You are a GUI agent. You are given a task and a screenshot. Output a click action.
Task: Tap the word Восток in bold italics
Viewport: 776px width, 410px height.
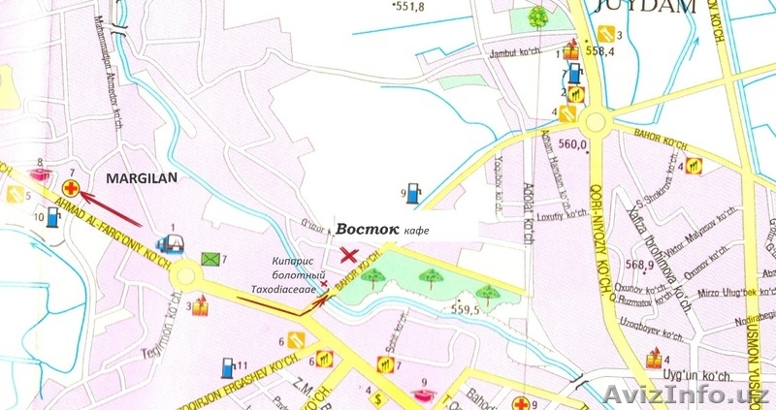(x=368, y=229)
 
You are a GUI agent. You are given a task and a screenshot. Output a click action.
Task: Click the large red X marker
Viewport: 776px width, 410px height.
(x=348, y=254)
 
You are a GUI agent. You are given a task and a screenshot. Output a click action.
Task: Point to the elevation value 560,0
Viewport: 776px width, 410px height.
(x=574, y=146)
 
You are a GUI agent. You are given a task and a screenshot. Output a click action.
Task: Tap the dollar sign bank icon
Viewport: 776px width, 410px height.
(x=376, y=398)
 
